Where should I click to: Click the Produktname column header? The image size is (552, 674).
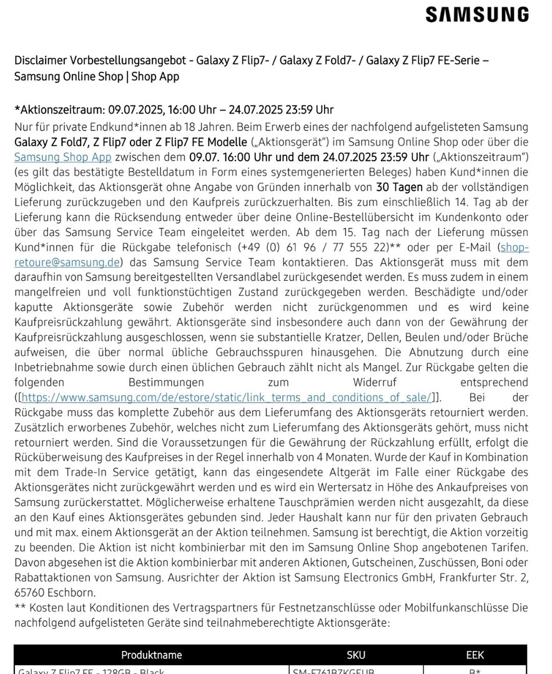152,655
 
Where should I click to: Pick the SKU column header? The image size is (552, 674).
356,655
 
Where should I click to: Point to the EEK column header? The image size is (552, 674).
475,655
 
